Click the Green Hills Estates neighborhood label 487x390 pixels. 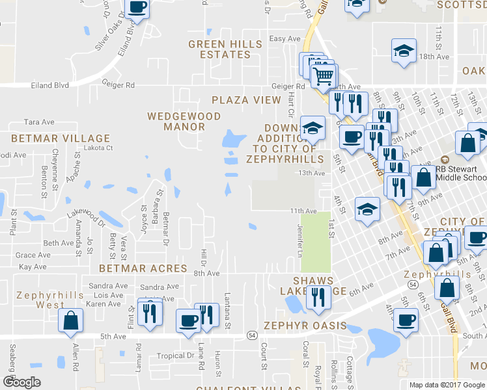pyautogui.click(x=225, y=49)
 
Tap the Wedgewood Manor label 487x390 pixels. pyautogui.click(x=184, y=121)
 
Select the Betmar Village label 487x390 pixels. pyautogui.click(x=61, y=138)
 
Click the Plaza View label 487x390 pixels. pyautogui.click(x=245, y=100)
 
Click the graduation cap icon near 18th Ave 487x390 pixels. pyautogui.click(x=403, y=51)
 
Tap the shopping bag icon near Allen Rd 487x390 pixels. pyautogui.click(x=70, y=320)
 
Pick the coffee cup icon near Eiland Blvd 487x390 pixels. pyautogui.click(x=137, y=7)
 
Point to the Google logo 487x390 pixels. pyautogui.click(x=22, y=382)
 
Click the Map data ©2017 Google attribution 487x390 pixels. pyautogui.click(x=447, y=385)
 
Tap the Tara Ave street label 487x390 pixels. pyautogui.click(x=38, y=122)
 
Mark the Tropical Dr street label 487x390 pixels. pyautogui.click(x=176, y=356)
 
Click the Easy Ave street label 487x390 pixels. pyautogui.click(x=285, y=39)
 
